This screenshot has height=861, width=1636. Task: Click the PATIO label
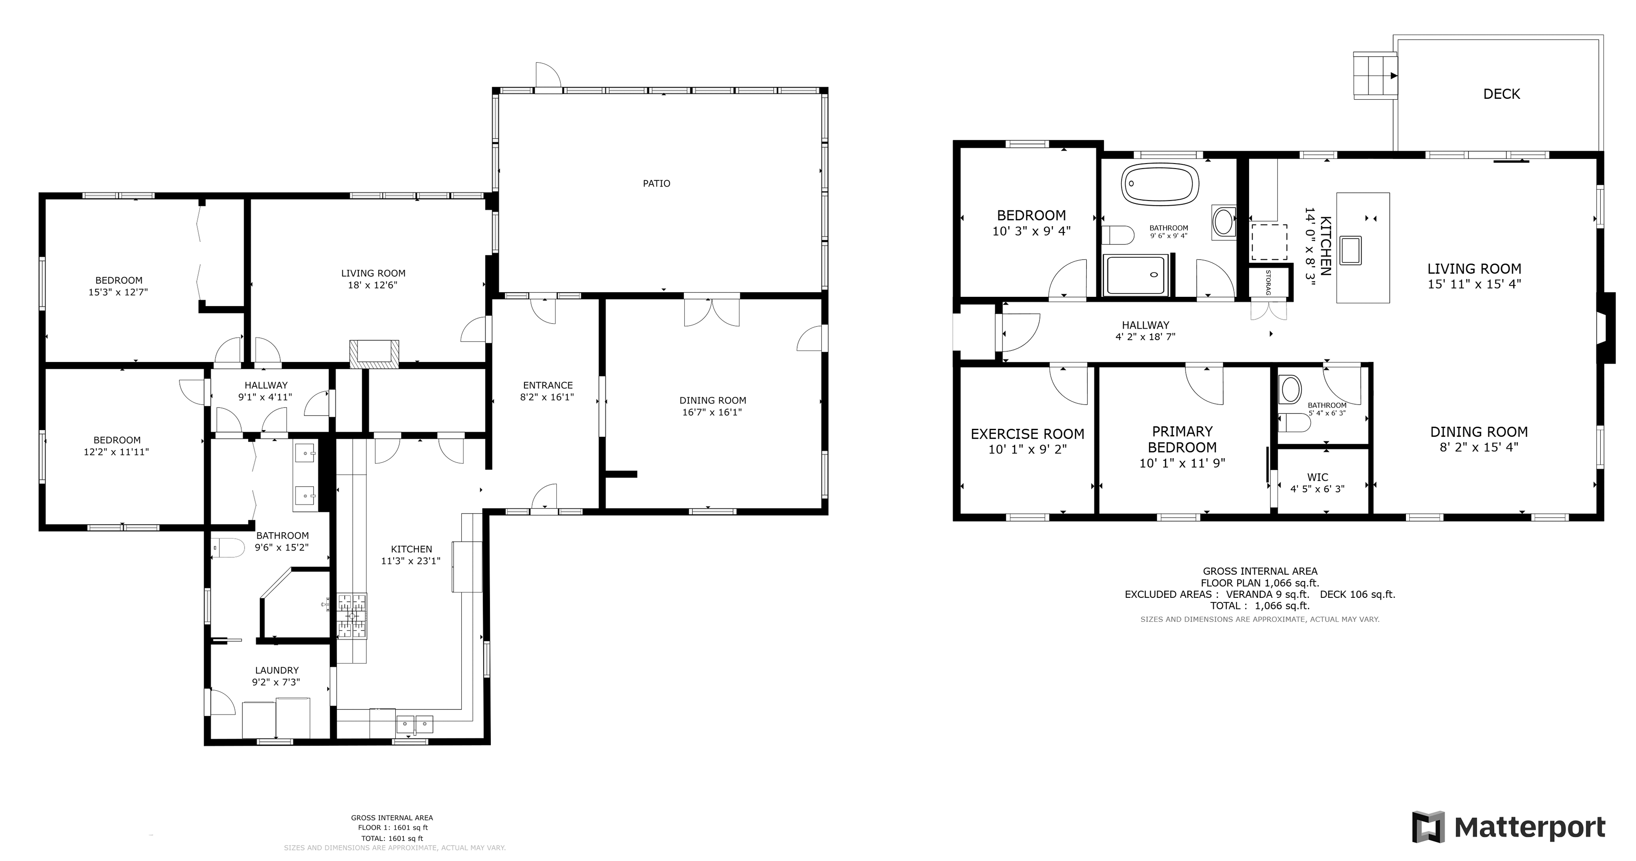[x=656, y=184]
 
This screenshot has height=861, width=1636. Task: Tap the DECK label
[x=1501, y=94]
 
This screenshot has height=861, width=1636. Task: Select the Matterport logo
[x=1508, y=827]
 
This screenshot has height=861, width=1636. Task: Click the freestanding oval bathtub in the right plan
[x=1160, y=184]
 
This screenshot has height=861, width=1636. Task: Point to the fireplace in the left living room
[x=374, y=354]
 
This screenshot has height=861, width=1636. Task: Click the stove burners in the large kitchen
[x=352, y=616]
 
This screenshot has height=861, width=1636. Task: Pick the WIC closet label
[x=1317, y=477]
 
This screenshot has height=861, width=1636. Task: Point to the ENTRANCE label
[x=547, y=385]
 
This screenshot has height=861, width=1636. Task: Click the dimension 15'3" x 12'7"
[x=118, y=292]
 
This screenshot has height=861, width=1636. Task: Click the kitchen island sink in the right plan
[x=1350, y=250]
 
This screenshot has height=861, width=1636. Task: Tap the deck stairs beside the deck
[x=1375, y=75]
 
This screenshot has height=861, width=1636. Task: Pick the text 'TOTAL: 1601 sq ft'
[x=392, y=838]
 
